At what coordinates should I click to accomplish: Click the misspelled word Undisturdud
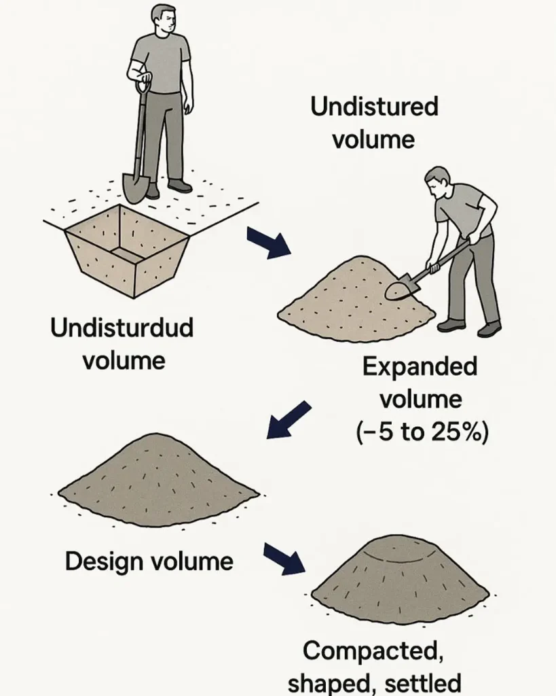(x=122, y=328)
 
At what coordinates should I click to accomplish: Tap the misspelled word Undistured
(x=374, y=107)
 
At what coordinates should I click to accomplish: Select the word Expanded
(x=420, y=366)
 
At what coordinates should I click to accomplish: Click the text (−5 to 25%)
(x=422, y=432)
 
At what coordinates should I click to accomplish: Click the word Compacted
(x=373, y=652)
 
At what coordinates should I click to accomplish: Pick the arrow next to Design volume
(x=284, y=559)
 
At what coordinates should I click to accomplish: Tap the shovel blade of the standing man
(x=134, y=188)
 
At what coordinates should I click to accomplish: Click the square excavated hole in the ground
(x=128, y=251)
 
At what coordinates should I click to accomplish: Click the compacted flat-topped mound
(x=400, y=577)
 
